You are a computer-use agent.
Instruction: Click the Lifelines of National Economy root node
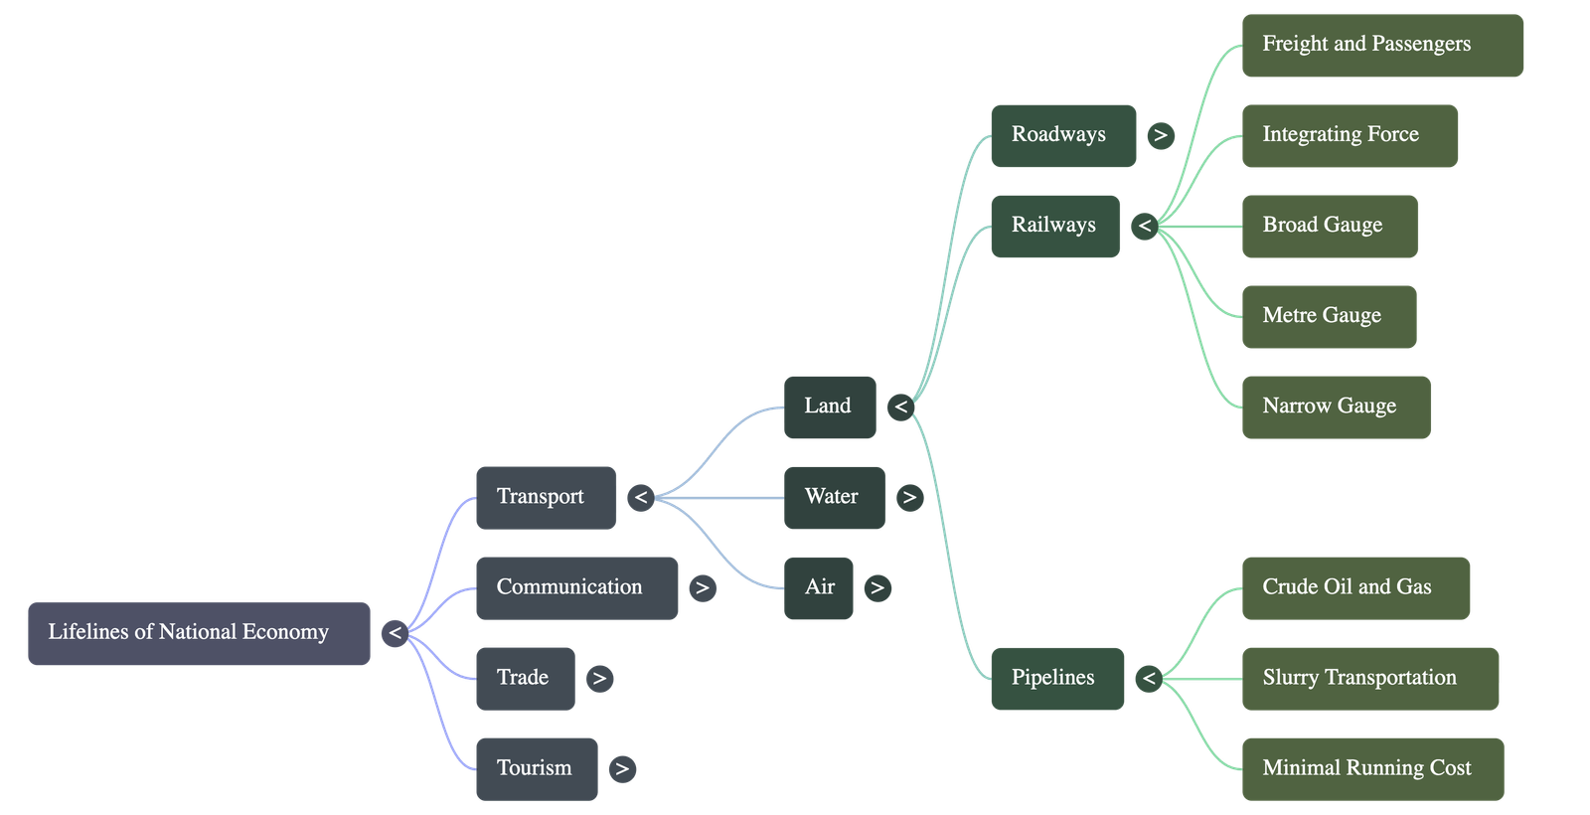tap(199, 632)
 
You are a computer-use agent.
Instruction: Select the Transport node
tap(546, 497)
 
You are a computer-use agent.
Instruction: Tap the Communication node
tap(576, 587)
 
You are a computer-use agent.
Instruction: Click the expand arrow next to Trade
tap(598, 679)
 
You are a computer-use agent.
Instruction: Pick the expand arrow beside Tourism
tap(622, 769)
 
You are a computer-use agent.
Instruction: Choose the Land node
tap(830, 407)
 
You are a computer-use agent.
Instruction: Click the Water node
tap(834, 497)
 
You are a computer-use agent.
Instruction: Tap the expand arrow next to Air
tap(876, 588)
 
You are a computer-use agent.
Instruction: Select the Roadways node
tap(1062, 135)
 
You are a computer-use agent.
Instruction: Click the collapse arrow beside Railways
tap(1145, 227)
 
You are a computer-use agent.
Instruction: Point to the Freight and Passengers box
tap(1381, 45)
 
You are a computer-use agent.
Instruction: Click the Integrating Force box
tap(1350, 135)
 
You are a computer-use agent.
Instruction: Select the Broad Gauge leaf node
tap(1329, 226)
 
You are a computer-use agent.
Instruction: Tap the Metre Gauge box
tap(1329, 316)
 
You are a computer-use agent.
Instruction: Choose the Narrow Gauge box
tap(1336, 407)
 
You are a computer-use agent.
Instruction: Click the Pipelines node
tap(1056, 679)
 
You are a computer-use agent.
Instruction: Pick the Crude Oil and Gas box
tap(1355, 587)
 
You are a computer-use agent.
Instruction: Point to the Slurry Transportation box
tap(1369, 679)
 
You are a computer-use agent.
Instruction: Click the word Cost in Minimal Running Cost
tap(1450, 768)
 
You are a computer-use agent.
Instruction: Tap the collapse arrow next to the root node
tap(396, 633)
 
